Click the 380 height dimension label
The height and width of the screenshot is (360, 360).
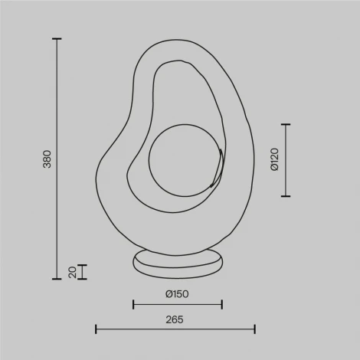click(x=47, y=159)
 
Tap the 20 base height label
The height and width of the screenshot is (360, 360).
click(x=72, y=272)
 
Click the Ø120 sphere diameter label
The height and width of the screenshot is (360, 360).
click(x=273, y=159)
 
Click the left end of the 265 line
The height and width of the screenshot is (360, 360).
click(x=96, y=329)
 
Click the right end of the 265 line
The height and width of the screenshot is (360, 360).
click(x=254, y=329)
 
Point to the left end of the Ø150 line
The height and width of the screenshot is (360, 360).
click(x=133, y=305)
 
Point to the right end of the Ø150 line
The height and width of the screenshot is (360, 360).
click(x=221, y=305)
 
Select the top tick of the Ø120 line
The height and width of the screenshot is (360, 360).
click(x=286, y=124)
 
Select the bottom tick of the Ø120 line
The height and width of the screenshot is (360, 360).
click(x=286, y=195)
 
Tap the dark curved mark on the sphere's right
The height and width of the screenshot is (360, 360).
click(x=221, y=165)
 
